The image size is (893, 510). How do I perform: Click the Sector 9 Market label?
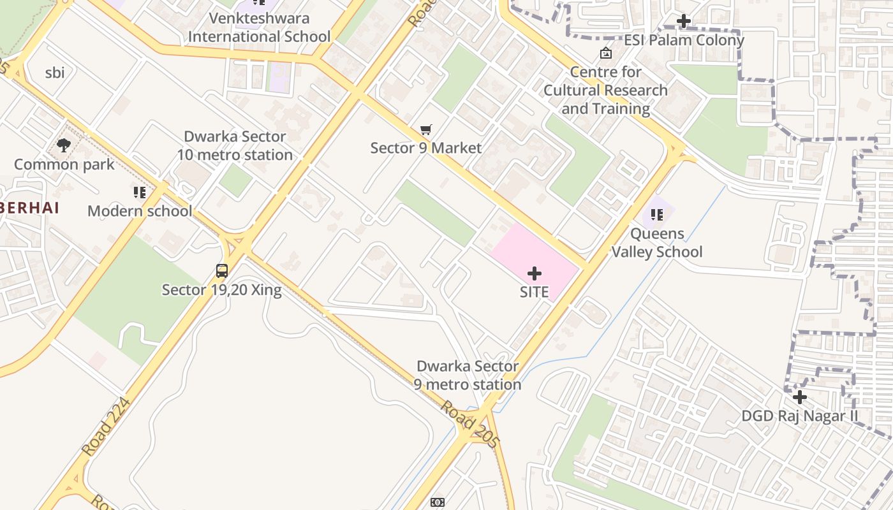(x=425, y=148)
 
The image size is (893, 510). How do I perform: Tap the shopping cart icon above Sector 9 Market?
(x=426, y=130)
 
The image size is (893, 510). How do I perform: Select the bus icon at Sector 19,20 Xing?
(x=222, y=271)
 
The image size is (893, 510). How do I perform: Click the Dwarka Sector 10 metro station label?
(x=235, y=145)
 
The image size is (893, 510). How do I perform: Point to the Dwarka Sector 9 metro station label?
(x=468, y=375)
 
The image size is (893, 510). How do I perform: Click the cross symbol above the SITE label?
(x=535, y=274)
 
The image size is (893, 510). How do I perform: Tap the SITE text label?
(x=535, y=292)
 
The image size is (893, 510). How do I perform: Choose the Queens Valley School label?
(x=657, y=243)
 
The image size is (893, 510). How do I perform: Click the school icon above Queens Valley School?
(x=657, y=215)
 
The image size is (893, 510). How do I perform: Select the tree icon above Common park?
(x=63, y=145)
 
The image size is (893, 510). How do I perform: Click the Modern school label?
(x=140, y=211)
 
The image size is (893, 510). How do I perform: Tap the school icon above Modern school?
(x=140, y=193)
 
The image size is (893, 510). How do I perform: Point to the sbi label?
(x=55, y=73)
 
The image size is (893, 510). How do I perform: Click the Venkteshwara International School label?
(x=259, y=27)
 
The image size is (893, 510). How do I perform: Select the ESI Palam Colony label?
(x=684, y=40)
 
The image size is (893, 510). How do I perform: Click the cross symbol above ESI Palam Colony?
(x=684, y=21)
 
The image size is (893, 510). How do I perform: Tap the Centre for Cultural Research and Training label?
(x=605, y=91)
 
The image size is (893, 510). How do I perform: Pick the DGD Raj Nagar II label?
(x=799, y=416)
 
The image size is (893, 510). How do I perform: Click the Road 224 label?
(x=106, y=426)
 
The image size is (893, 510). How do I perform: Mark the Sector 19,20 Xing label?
(x=221, y=290)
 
